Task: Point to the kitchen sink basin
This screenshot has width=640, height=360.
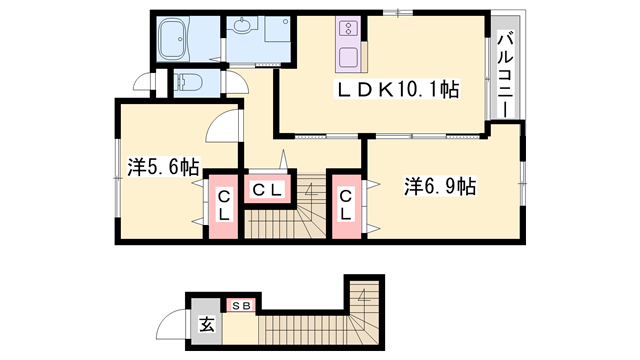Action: [348, 55]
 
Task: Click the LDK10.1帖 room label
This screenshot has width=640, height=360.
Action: [396, 91]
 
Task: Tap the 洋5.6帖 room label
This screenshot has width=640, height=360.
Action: [163, 166]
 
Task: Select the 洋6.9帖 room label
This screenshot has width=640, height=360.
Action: [439, 186]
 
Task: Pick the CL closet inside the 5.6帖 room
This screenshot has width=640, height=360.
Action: [224, 207]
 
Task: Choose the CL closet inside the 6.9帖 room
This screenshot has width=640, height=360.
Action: [345, 207]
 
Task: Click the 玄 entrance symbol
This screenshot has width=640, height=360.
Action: [206, 323]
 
